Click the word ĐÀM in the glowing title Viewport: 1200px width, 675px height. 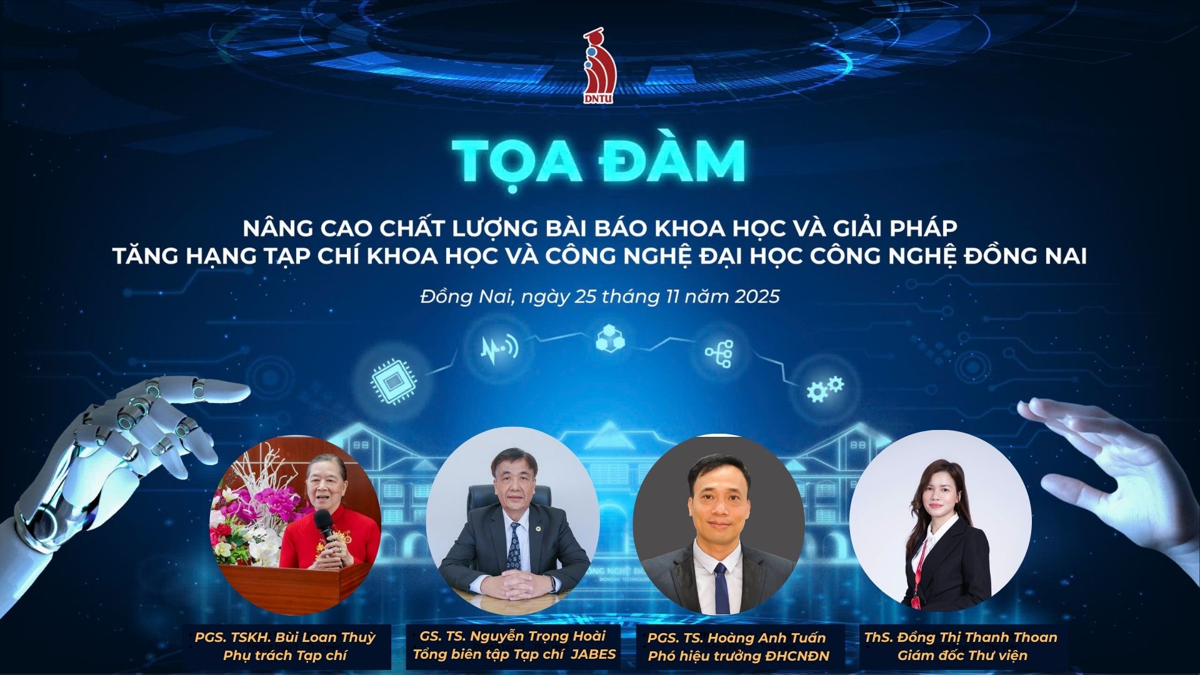pyautogui.click(x=672, y=161)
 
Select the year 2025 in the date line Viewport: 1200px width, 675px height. pyautogui.click(x=757, y=296)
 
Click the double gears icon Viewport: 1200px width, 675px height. pyautogui.click(x=824, y=388)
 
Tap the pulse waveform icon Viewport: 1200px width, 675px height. pyautogui.click(x=499, y=347)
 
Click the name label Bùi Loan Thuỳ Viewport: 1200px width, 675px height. pyautogui.click(x=285, y=637)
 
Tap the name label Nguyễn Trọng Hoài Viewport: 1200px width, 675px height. pyautogui.click(x=512, y=636)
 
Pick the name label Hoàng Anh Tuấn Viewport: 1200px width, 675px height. pyautogui.click(x=737, y=638)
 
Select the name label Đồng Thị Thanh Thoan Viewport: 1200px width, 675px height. pyautogui.click(x=961, y=637)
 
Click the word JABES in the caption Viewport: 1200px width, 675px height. pyautogui.click(x=594, y=654)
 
